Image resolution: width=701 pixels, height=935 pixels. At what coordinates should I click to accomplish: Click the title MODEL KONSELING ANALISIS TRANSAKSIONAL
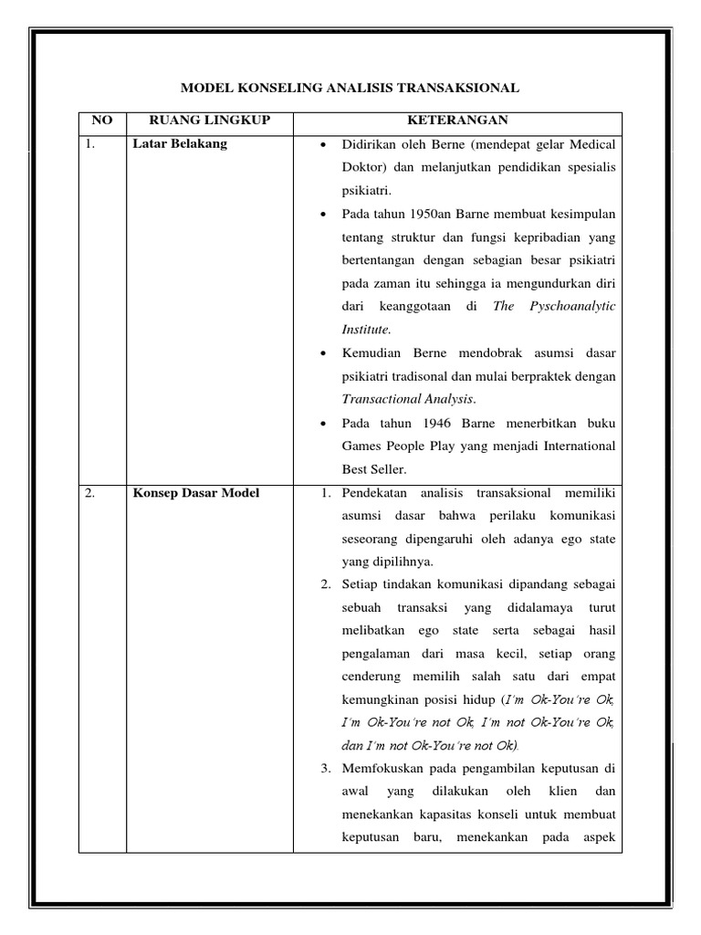(x=350, y=88)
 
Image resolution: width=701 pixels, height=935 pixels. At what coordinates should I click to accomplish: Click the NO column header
(x=101, y=121)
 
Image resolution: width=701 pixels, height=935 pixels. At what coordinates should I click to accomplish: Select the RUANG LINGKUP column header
(x=209, y=121)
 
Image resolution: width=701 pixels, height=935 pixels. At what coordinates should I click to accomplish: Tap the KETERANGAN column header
(x=457, y=121)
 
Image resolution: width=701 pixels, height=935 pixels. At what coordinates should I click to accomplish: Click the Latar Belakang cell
(x=180, y=143)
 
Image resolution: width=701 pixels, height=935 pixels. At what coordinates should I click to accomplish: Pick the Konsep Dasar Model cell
(x=196, y=493)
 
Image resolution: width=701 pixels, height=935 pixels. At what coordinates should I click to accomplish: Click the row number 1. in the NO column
(x=90, y=143)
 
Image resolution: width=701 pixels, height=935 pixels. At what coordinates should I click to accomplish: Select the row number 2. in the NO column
(x=90, y=493)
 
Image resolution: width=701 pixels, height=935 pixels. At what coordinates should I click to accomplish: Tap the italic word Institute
(x=366, y=329)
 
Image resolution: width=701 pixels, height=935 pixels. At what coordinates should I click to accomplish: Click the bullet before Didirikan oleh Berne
(x=326, y=145)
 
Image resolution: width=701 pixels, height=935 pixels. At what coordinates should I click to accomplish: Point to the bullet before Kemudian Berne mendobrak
(x=326, y=353)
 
